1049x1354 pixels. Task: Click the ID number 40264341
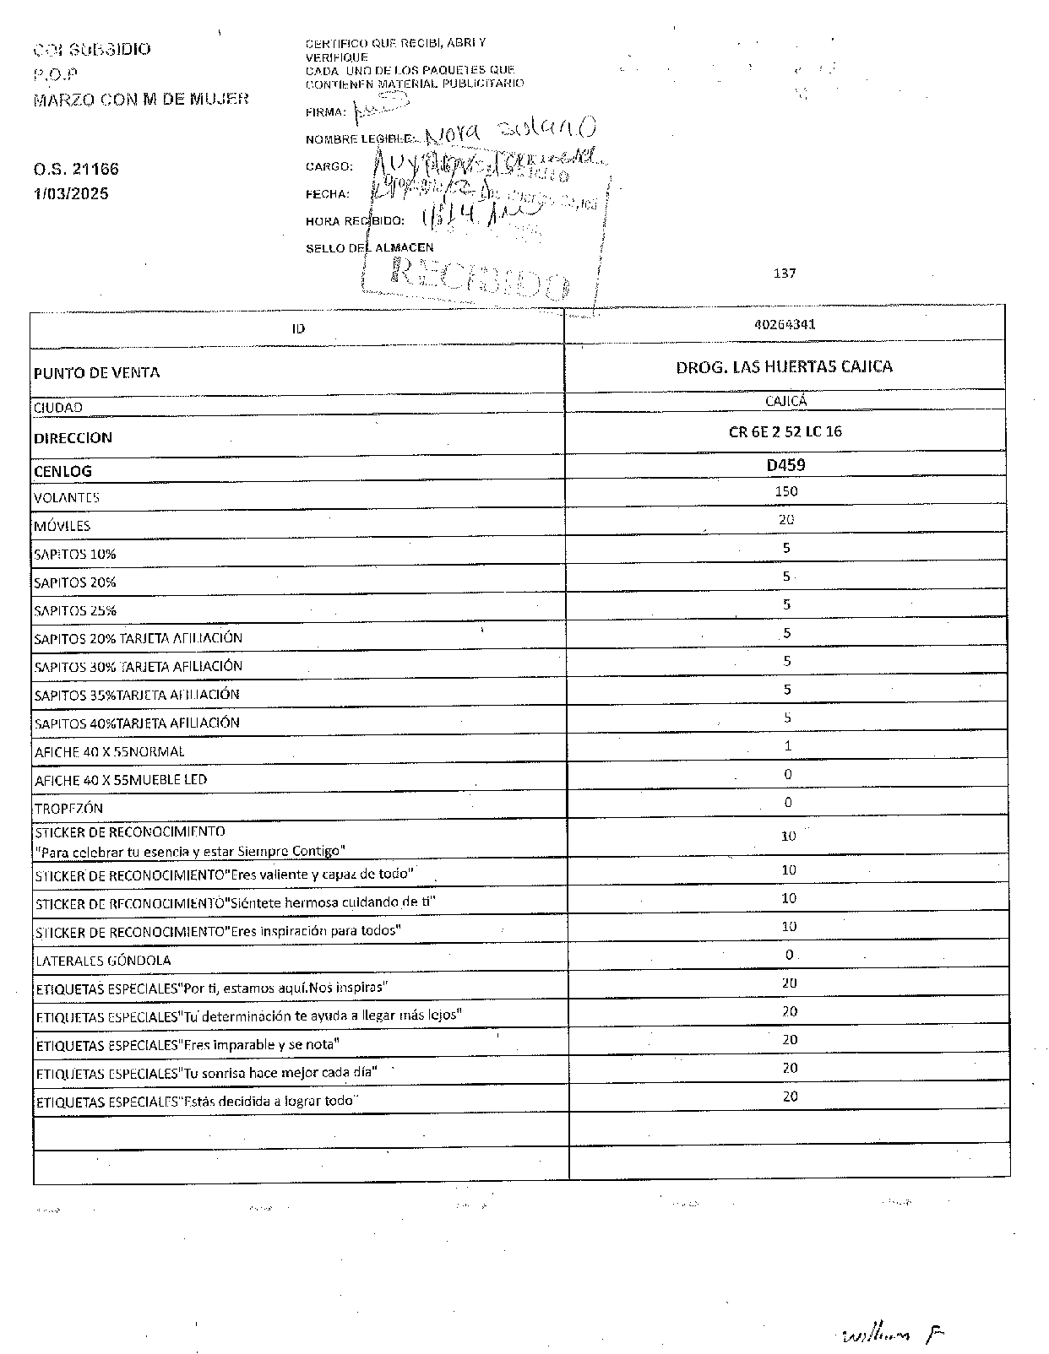tap(785, 324)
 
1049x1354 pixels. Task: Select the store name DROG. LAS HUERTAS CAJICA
tap(784, 366)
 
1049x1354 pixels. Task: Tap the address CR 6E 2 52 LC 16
tap(785, 431)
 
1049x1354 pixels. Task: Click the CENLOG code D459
tap(785, 464)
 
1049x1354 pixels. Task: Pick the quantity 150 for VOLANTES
tap(785, 491)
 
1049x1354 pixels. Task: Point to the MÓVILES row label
tap(62, 526)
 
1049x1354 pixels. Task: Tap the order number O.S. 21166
tap(76, 169)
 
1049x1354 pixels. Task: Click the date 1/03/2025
tap(71, 193)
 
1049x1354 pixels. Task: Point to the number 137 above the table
tap(785, 273)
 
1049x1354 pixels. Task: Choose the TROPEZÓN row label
tap(68, 808)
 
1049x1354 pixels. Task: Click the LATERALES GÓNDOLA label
tap(102, 961)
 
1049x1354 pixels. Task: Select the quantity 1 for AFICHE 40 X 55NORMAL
tap(787, 746)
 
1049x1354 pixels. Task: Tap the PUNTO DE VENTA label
tap(96, 373)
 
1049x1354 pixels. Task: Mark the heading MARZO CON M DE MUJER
tap(141, 99)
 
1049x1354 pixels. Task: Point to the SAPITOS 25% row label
tap(75, 610)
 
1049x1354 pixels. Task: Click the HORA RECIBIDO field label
tap(355, 221)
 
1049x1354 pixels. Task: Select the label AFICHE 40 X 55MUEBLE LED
tap(121, 780)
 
